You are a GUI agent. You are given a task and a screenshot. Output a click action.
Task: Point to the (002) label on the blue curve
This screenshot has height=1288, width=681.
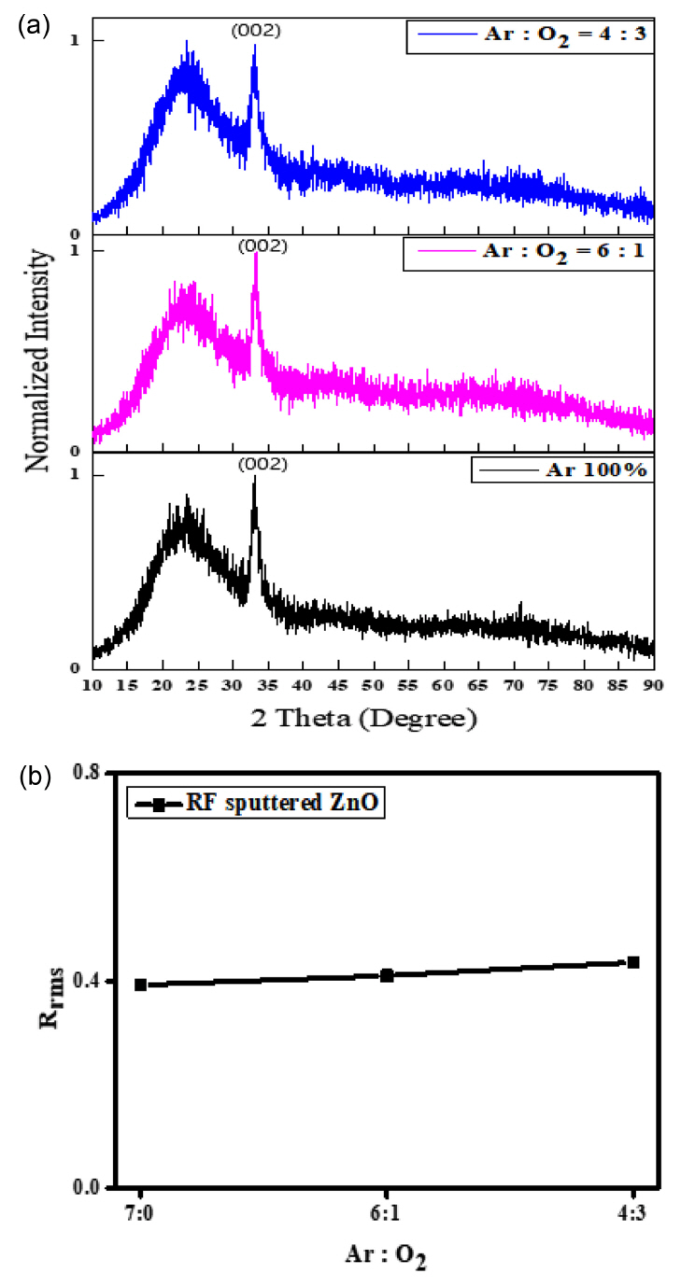point(255,30)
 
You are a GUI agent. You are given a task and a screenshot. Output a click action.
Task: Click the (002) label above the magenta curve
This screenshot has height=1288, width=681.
point(262,246)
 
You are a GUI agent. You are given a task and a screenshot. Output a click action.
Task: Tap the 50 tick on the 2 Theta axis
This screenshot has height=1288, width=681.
point(374,685)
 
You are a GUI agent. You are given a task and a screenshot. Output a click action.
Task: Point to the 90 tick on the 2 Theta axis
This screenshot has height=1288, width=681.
point(653,685)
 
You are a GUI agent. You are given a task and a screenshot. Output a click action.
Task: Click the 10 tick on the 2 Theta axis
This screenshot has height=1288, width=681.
point(92,685)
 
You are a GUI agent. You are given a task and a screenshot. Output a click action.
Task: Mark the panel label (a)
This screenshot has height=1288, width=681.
point(30,25)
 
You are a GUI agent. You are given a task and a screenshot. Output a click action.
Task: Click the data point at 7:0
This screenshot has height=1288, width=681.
point(141,985)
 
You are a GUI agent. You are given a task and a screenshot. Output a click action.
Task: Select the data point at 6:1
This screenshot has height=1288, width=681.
point(387,975)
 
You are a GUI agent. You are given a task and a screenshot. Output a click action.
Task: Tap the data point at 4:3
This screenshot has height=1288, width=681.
point(632,962)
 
